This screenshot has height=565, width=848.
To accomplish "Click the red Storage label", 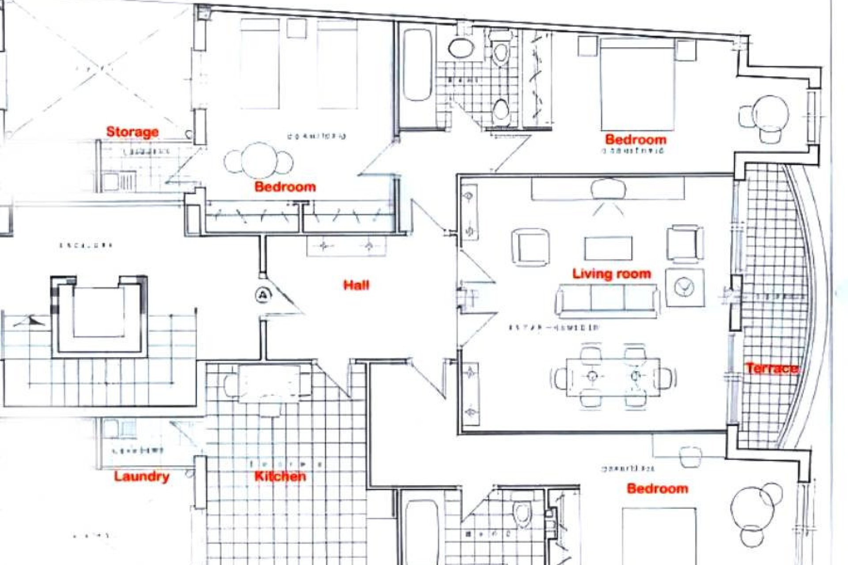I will point(132,132).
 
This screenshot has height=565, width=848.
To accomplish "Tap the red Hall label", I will point(356,285).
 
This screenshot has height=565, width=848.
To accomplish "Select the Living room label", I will point(611,274).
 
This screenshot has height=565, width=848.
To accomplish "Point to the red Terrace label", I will point(772,368).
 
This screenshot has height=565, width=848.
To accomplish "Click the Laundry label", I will point(141,476).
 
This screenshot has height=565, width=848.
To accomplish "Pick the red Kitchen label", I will point(280,476).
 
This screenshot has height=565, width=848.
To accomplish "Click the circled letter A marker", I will point(263,295).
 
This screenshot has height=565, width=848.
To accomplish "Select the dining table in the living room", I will point(613,377).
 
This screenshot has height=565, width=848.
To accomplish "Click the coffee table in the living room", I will point(608,249).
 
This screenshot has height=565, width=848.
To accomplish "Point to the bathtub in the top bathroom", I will point(417,65).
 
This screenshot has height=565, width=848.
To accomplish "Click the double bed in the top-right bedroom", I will point(637,84).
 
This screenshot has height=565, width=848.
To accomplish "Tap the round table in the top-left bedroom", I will point(259,160).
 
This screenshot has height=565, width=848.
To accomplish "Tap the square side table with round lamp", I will point(685,287).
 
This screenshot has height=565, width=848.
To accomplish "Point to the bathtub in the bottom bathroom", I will point(420,532).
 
